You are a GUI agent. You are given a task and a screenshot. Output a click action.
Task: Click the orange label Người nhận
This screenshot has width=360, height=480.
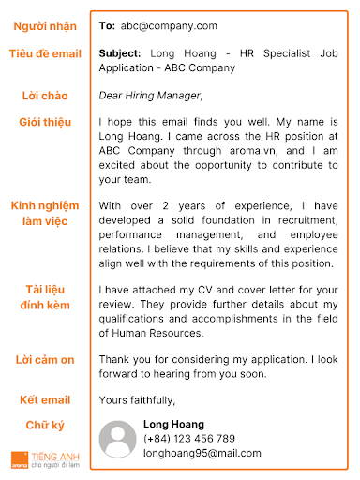pyautogui.click(x=45, y=26)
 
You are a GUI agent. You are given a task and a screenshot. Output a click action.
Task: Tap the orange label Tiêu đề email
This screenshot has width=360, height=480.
pyautogui.click(x=45, y=54)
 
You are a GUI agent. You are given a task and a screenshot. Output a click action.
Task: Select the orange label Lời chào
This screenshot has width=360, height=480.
pyautogui.click(x=45, y=96)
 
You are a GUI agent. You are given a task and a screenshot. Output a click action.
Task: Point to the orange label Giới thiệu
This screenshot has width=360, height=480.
pyautogui.click(x=45, y=123)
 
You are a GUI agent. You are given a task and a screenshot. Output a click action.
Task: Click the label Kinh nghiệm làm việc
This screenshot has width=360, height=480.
pyautogui.click(x=45, y=212)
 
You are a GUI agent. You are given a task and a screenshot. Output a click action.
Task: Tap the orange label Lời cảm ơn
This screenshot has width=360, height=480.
pyautogui.click(x=45, y=359)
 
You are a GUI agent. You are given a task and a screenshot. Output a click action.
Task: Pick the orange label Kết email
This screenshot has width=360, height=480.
pyautogui.click(x=45, y=400)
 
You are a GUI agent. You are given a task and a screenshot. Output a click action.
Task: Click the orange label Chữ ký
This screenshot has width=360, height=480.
pyautogui.click(x=45, y=427)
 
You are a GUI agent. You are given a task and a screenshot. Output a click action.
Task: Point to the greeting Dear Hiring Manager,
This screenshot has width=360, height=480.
pyautogui.click(x=150, y=96)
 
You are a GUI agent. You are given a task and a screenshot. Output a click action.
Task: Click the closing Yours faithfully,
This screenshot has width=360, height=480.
pyautogui.click(x=137, y=400)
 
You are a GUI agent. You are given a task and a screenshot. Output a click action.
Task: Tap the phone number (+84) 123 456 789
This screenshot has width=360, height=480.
pyautogui.click(x=188, y=439)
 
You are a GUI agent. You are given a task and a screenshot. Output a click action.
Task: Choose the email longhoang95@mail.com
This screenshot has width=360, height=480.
pyautogui.click(x=202, y=453)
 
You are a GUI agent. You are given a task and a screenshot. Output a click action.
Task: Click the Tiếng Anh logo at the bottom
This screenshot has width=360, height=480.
pyautogui.click(x=43, y=458)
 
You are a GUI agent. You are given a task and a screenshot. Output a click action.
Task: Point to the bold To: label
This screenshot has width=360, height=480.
pyautogui.click(x=107, y=26)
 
